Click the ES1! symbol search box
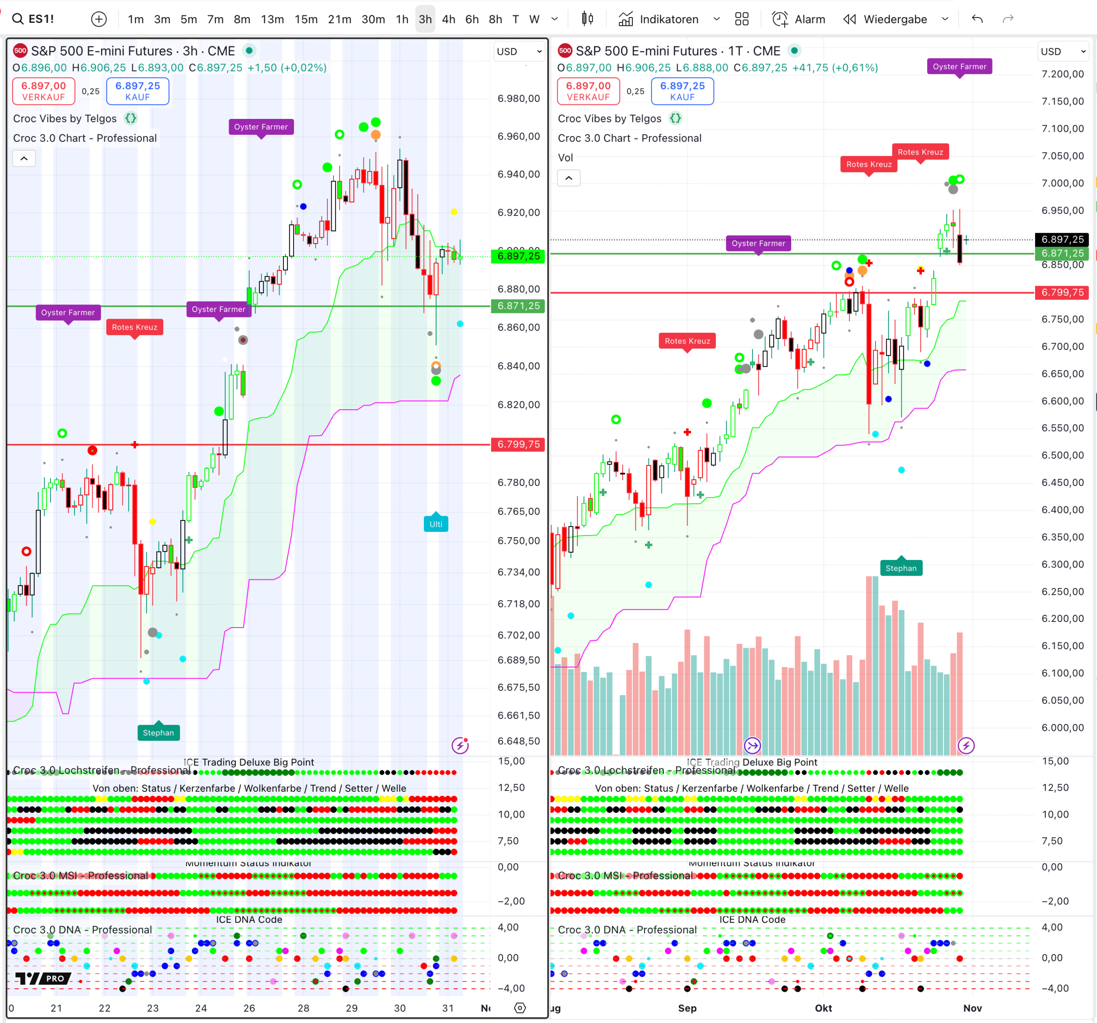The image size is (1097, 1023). coord(33,19)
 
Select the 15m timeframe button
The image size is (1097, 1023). coord(306,19)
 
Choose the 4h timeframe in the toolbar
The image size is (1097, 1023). coord(448,19)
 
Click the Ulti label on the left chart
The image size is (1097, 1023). coord(435,524)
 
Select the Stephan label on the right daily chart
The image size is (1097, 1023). coord(900,568)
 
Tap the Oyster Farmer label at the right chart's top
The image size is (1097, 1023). coord(959,67)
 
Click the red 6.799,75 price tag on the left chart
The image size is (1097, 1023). coord(518,445)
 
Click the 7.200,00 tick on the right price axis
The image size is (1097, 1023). coord(1062,74)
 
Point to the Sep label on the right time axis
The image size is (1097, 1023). coord(687,1008)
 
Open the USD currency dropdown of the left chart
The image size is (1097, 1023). coord(519,51)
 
